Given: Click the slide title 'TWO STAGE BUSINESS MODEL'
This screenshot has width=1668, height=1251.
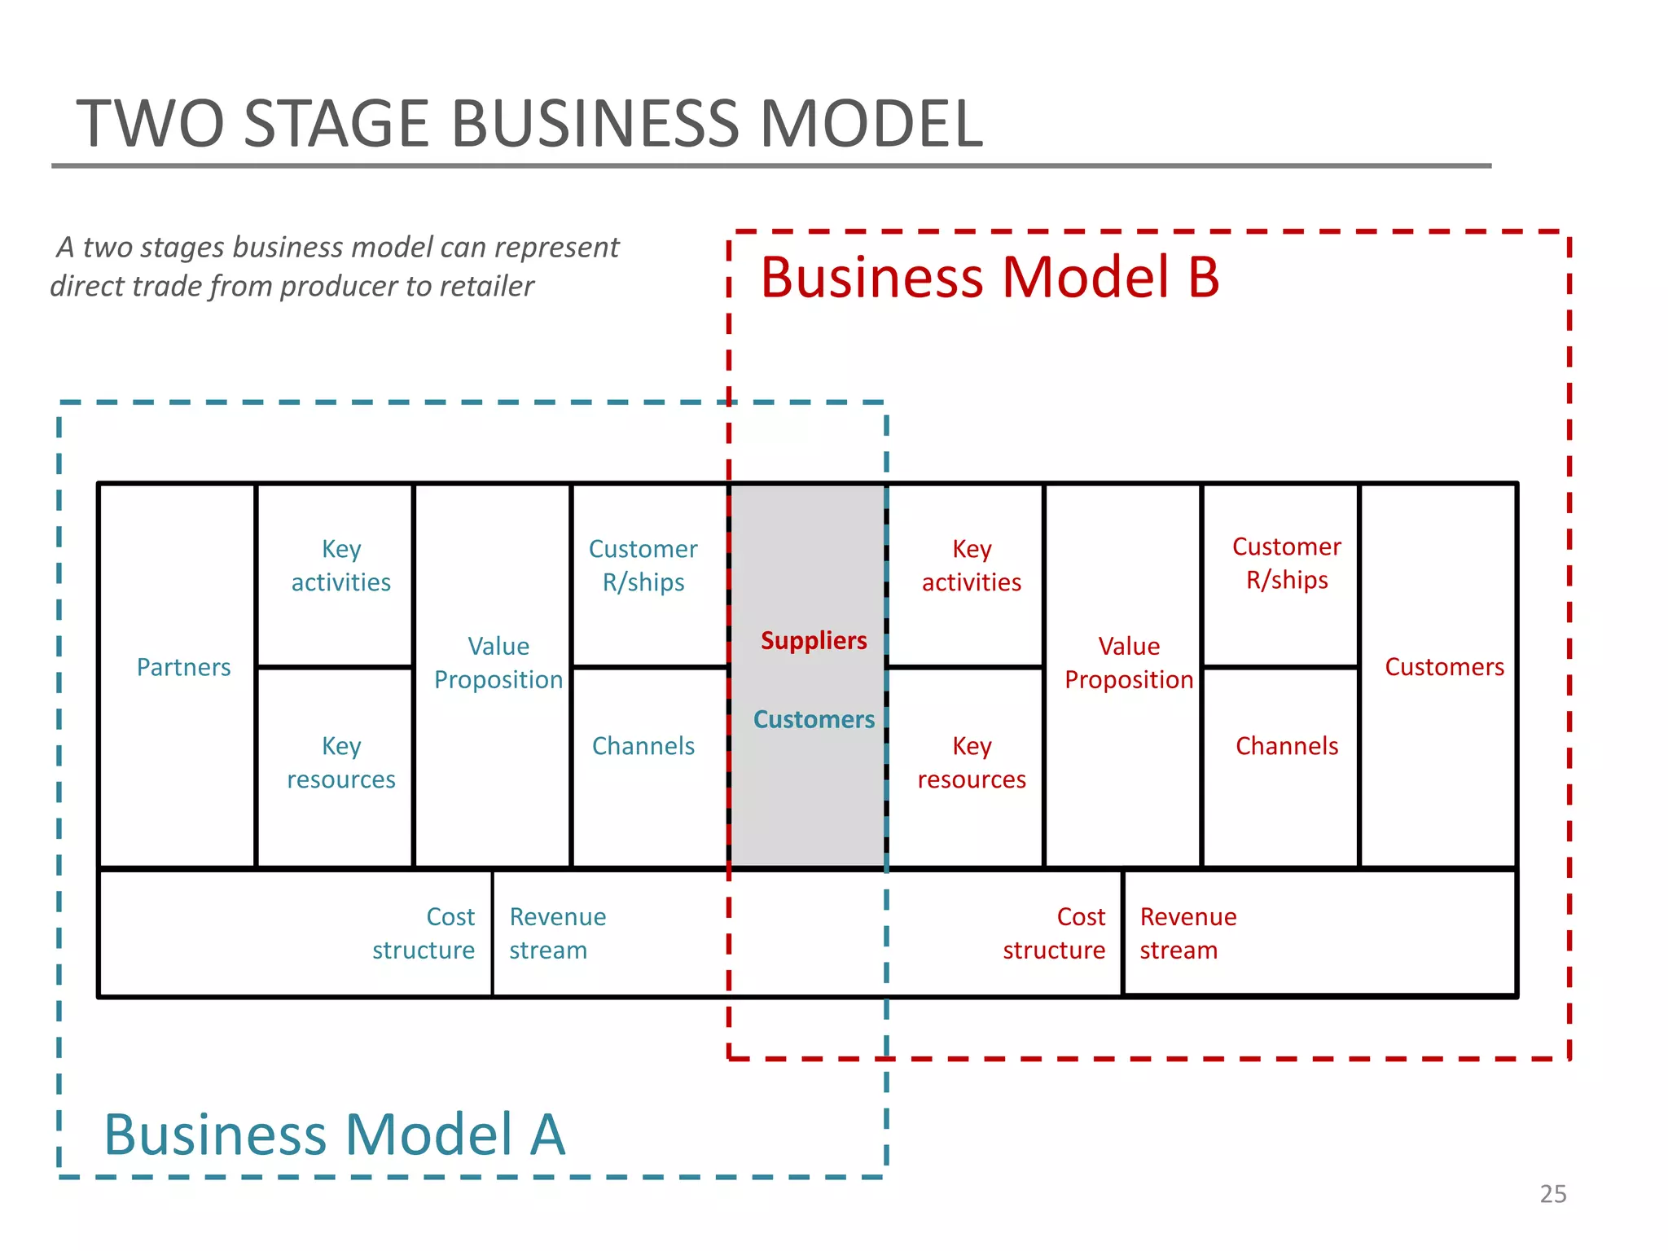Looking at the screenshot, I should click(x=529, y=124).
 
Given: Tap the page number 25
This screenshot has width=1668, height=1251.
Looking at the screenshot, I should click(x=1552, y=1194).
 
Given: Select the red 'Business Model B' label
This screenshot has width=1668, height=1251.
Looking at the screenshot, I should click(x=989, y=278).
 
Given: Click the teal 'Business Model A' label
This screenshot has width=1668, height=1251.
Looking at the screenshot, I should click(x=334, y=1135).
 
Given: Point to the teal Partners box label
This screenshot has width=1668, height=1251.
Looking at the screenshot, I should click(x=183, y=668).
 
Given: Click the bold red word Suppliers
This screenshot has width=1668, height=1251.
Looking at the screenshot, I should click(x=813, y=641).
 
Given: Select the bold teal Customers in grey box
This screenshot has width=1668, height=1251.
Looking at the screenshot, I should click(x=813, y=720).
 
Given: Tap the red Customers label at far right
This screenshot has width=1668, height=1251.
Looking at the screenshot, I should click(x=1444, y=668).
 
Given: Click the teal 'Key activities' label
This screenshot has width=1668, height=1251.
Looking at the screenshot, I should click(x=341, y=566).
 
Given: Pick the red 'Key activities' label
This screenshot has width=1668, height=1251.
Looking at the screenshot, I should click(x=971, y=566).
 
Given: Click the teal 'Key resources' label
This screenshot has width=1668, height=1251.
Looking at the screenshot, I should click(x=341, y=763).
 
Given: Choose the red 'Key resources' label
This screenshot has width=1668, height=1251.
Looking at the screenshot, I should click(x=971, y=763).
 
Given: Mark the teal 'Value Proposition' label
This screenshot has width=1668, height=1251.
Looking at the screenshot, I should click(x=498, y=663).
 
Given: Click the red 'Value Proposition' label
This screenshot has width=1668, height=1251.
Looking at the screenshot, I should click(x=1129, y=663).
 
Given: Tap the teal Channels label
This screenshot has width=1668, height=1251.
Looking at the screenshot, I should click(x=643, y=746).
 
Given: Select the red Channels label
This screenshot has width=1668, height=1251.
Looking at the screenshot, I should click(x=1286, y=746).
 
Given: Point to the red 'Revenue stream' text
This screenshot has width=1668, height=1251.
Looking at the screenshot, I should click(x=1187, y=933).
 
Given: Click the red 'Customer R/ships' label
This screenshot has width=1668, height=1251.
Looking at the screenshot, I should click(x=1286, y=564).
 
